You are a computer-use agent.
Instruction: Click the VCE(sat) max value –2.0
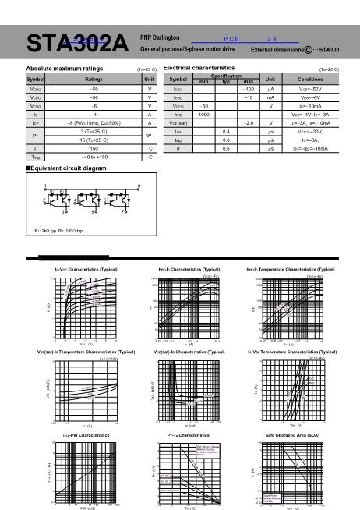pos(249,123)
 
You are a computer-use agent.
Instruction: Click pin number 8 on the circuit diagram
pos(138,185)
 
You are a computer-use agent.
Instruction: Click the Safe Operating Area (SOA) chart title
pos(291,434)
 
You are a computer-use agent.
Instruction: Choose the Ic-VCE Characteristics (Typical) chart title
pos(75,268)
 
